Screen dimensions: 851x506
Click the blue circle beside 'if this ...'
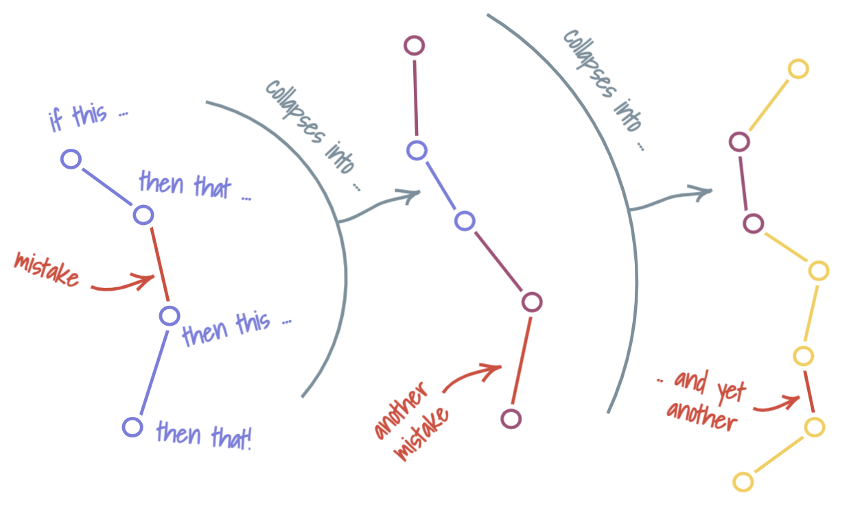[71, 159]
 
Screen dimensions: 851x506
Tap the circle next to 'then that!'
[132, 426]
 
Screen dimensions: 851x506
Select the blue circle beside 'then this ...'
[169, 316]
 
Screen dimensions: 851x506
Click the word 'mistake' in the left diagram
[46, 269]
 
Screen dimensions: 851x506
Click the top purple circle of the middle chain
[415, 46]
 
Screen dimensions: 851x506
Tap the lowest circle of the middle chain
[511, 418]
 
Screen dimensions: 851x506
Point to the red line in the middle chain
[522, 360]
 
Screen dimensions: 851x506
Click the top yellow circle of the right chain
[798, 69]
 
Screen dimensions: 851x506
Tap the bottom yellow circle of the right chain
[743, 481]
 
